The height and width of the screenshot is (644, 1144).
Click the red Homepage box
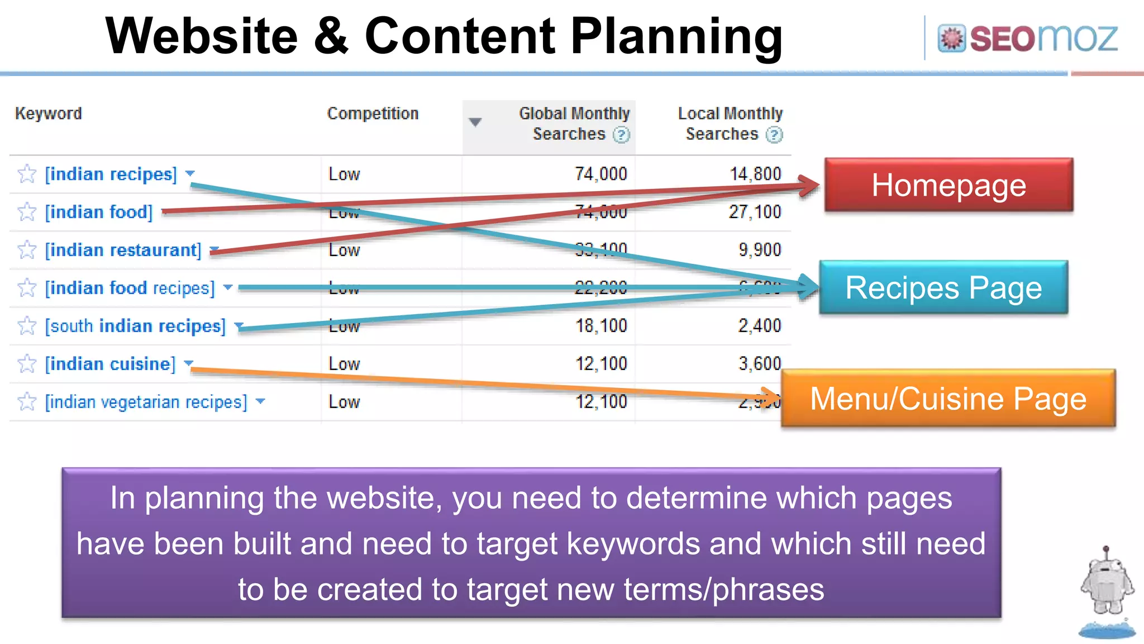click(x=948, y=185)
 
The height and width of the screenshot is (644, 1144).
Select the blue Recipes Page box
click(x=943, y=287)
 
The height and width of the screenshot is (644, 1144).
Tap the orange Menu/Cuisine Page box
click(x=948, y=399)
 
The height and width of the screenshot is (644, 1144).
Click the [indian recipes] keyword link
click(x=111, y=174)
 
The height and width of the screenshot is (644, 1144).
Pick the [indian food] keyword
click(x=99, y=212)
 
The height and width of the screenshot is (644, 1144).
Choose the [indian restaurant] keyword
click(x=123, y=250)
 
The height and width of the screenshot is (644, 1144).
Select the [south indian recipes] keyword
click(x=135, y=326)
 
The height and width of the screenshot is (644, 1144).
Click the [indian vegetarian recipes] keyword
click(x=146, y=402)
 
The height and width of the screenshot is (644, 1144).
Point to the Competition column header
click(x=373, y=113)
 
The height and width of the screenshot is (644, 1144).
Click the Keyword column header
click(x=49, y=113)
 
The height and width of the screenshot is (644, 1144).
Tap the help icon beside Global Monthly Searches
click(x=621, y=135)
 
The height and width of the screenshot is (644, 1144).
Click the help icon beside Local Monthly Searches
click(x=774, y=135)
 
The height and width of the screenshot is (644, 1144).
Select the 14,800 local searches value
click(x=755, y=174)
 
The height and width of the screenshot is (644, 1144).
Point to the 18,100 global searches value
click(x=601, y=326)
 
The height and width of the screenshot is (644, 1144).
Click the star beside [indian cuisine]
click(x=27, y=364)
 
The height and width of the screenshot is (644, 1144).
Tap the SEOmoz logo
click(x=1028, y=38)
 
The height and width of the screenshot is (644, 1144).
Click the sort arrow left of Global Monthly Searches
click(x=475, y=122)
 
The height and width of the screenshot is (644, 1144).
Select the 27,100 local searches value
click(x=755, y=212)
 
